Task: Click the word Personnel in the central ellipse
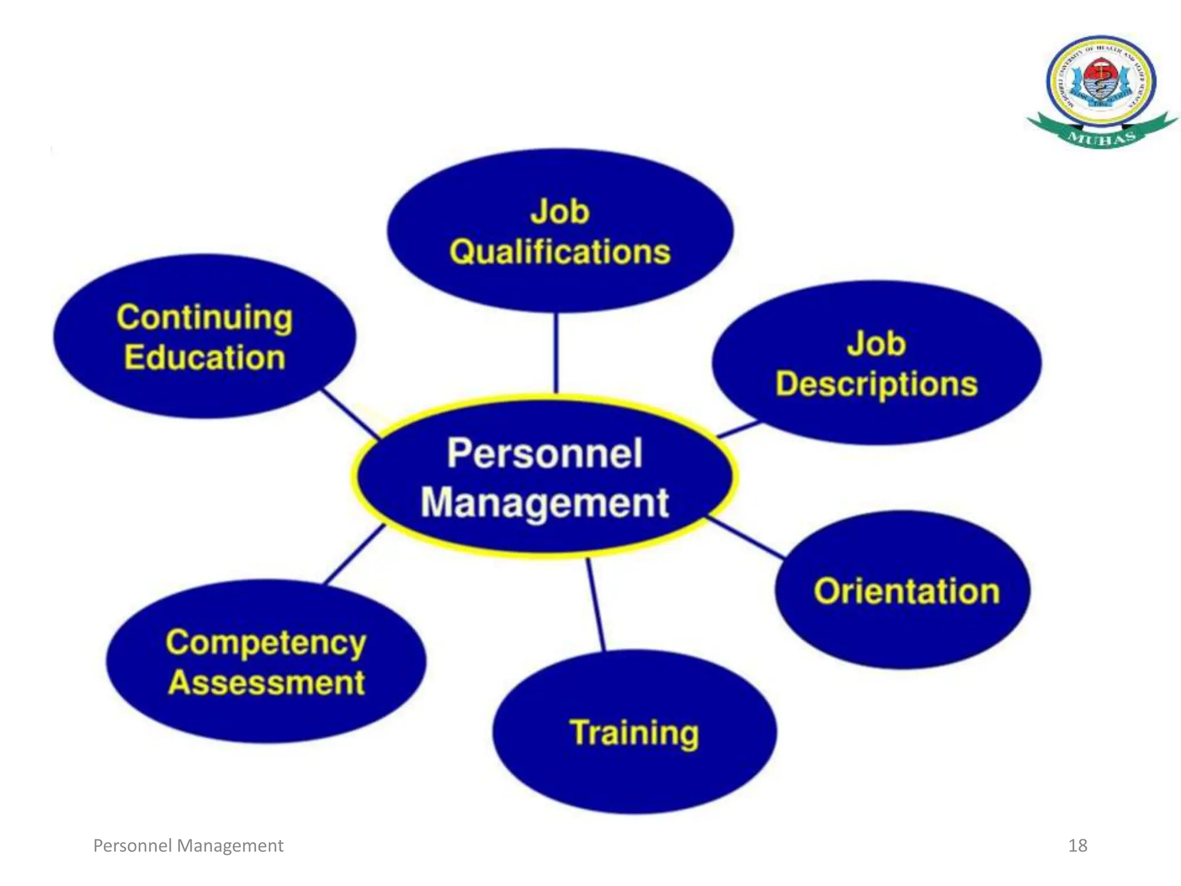(x=544, y=453)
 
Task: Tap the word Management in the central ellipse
(x=544, y=503)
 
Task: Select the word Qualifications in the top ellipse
(x=560, y=253)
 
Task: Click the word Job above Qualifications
(x=560, y=212)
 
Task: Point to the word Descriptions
(x=877, y=385)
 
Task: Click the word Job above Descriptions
(x=877, y=344)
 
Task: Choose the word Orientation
(x=907, y=592)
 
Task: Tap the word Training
(x=634, y=733)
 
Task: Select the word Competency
(x=266, y=643)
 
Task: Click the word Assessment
(x=266, y=683)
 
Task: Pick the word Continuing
(x=205, y=318)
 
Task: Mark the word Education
(x=205, y=358)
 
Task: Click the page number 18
(x=1077, y=846)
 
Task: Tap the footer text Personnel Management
(x=188, y=846)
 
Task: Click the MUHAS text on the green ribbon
(x=1101, y=138)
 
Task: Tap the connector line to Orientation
(x=745, y=538)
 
